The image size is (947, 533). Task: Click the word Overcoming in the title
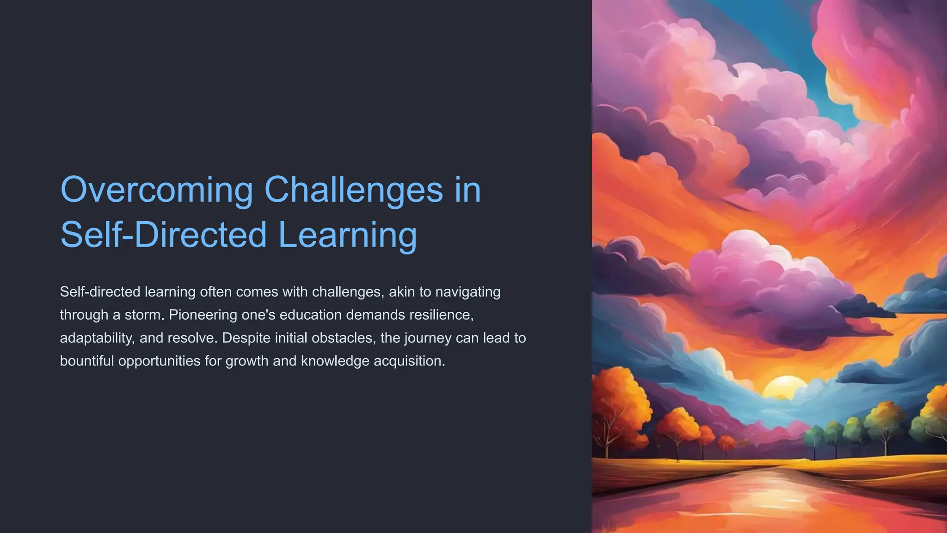click(156, 190)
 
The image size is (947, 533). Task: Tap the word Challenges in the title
click(353, 190)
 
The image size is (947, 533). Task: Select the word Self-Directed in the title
click(164, 235)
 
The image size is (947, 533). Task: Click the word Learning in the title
click(348, 235)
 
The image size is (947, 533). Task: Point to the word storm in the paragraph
click(144, 315)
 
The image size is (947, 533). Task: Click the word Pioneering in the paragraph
click(203, 315)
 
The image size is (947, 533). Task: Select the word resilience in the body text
click(441, 315)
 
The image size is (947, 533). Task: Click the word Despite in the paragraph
click(246, 338)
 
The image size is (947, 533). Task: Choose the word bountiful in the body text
click(86, 361)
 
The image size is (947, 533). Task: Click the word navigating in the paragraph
click(468, 292)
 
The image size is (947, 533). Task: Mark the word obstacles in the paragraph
click(342, 338)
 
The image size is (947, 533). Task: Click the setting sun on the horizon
click(784, 388)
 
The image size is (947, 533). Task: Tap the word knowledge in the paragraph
click(335, 361)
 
